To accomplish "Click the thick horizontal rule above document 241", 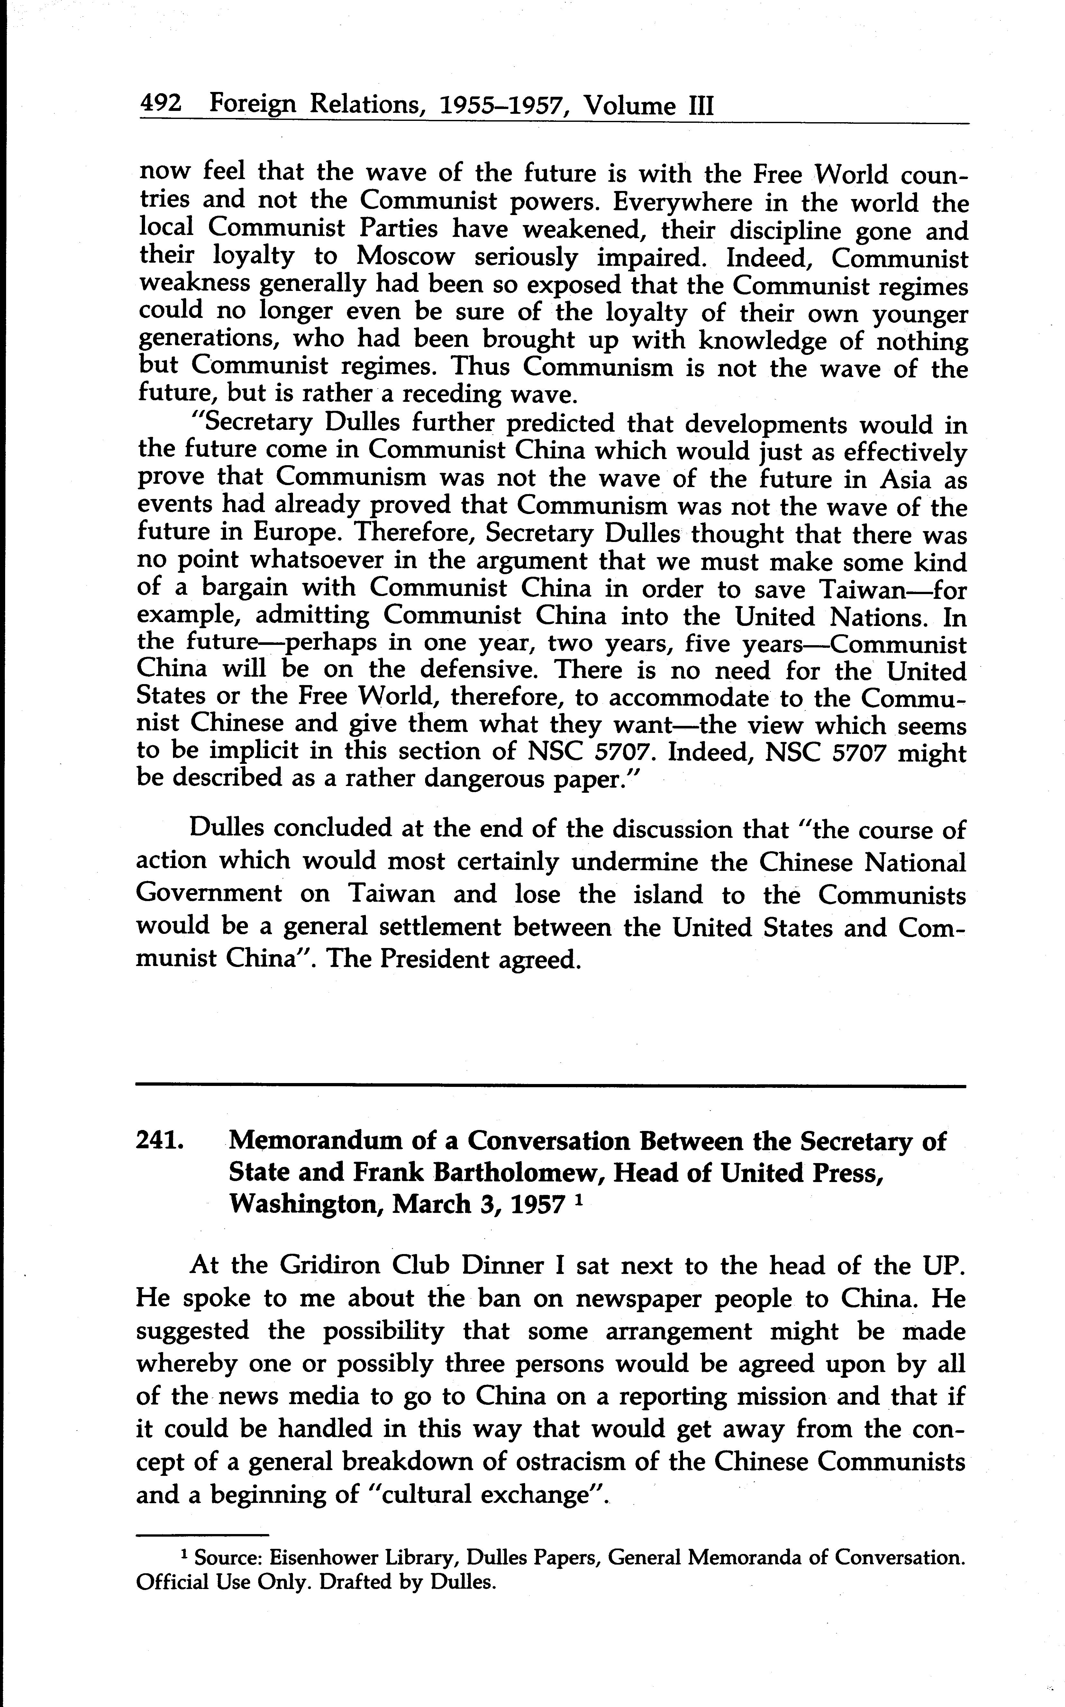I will pos(551,1087).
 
